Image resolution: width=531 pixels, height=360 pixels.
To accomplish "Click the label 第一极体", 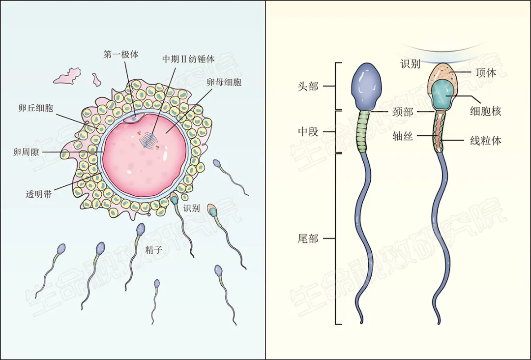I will (x=120, y=55).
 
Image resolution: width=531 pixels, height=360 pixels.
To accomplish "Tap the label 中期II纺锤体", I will (x=188, y=59).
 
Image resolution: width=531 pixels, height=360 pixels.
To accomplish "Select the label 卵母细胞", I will (x=224, y=82).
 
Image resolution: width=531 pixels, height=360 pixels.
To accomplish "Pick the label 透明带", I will (x=38, y=193).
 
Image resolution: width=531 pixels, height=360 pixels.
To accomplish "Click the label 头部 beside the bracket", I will (x=308, y=87).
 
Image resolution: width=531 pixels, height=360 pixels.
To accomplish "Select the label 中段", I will (x=308, y=132).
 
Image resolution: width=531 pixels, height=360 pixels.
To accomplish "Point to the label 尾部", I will (x=308, y=239).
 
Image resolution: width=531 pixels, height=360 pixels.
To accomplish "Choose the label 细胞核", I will (x=485, y=112).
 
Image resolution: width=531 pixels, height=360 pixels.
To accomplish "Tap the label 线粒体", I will (x=485, y=141).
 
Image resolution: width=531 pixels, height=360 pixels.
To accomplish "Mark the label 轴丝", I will (x=402, y=137).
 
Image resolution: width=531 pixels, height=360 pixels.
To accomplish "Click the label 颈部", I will (x=402, y=112).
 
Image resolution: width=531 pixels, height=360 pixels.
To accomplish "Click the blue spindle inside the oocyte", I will (x=149, y=140).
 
